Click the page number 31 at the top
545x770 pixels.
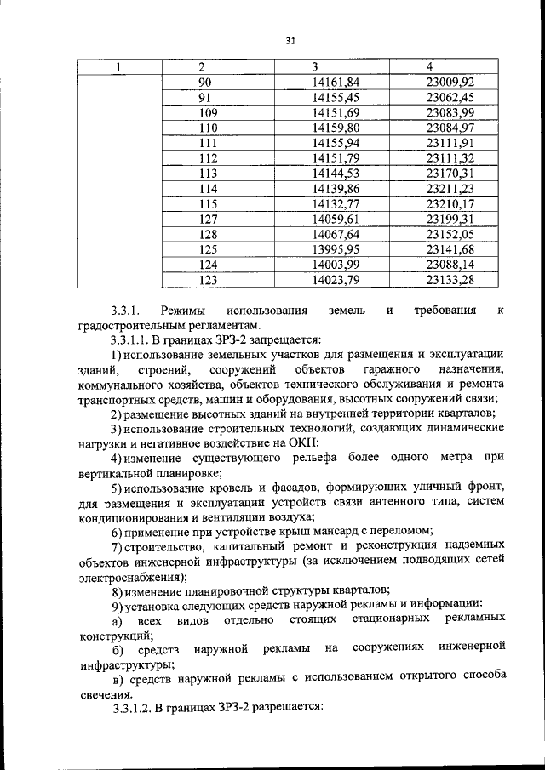(289, 40)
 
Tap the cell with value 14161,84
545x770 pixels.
(336, 83)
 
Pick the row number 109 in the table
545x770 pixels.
(208, 113)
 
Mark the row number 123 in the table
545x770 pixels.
(208, 279)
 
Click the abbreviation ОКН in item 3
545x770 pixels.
(303, 442)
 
